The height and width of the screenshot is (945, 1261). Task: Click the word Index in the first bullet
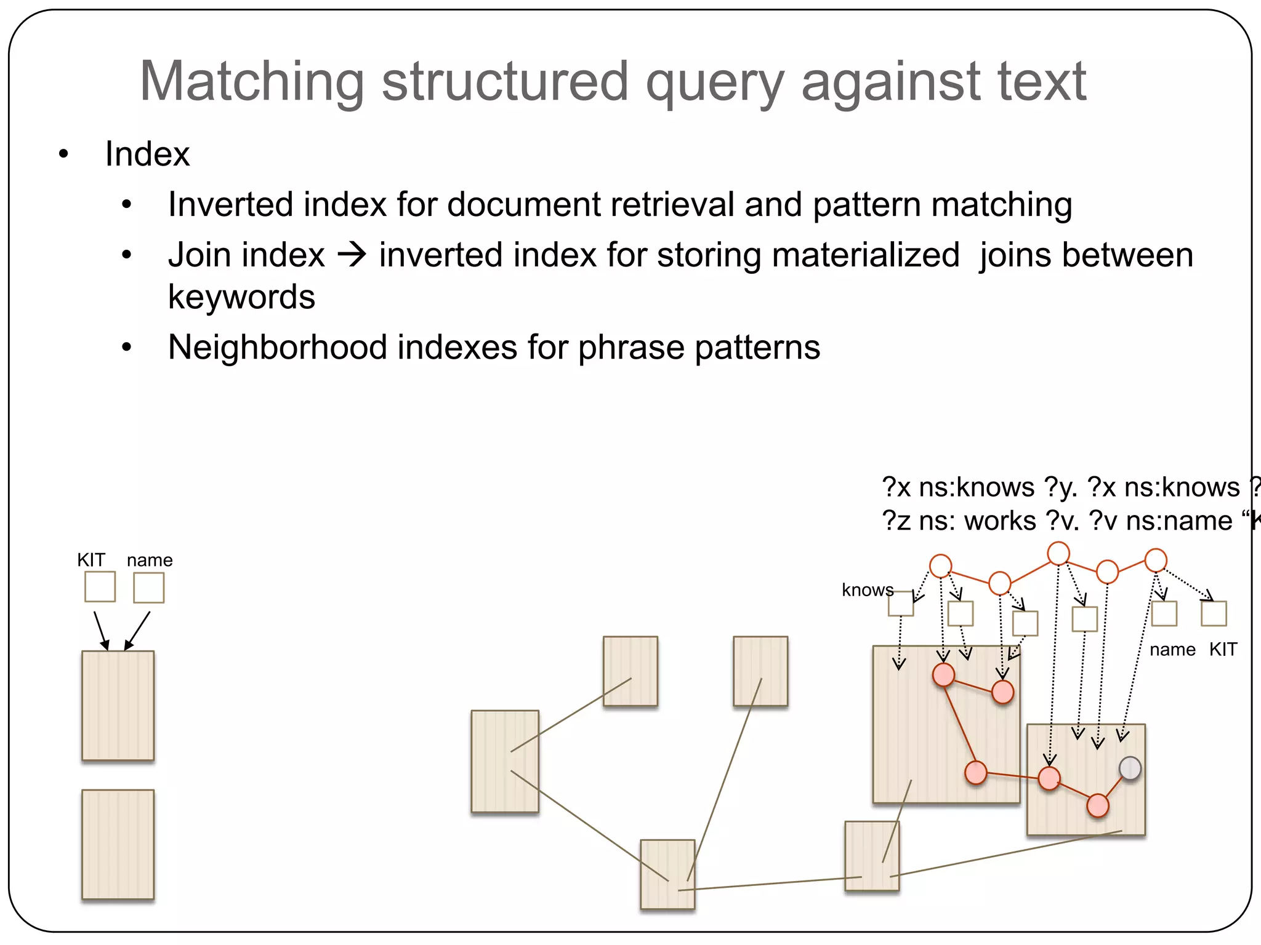click(147, 154)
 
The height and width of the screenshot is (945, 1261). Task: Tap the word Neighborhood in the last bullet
click(277, 348)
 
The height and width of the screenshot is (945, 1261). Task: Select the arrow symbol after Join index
click(352, 255)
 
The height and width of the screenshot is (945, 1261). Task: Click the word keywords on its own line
click(241, 297)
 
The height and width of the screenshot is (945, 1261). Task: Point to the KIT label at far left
click(91, 560)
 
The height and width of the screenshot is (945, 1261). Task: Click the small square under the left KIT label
click(100, 587)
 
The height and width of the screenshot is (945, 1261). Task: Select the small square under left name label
click(149, 588)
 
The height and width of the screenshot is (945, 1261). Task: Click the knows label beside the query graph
click(867, 590)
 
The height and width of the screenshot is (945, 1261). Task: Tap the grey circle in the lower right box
click(1130, 768)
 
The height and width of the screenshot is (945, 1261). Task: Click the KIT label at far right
click(1223, 650)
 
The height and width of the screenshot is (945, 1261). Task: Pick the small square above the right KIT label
click(1214, 613)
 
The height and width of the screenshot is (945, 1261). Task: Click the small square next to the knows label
click(900, 604)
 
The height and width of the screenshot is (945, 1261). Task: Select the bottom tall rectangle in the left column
click(118, 845)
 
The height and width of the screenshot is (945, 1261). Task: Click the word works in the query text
click(999, 521)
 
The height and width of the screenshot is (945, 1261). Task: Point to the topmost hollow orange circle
click(1058, 553)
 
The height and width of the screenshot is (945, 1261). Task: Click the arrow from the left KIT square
click(101, 631)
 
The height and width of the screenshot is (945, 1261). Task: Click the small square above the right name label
click(1164, 613)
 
